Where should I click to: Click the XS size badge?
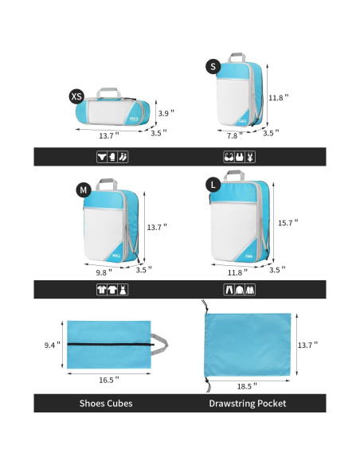click(x=76, y=96)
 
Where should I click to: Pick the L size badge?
click(x=212, y=185)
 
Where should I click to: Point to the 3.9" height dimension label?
click(x=164, y=113)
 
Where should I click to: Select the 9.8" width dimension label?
click(x=103, y=271)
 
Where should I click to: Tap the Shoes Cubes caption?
click(x=106, y=404)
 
